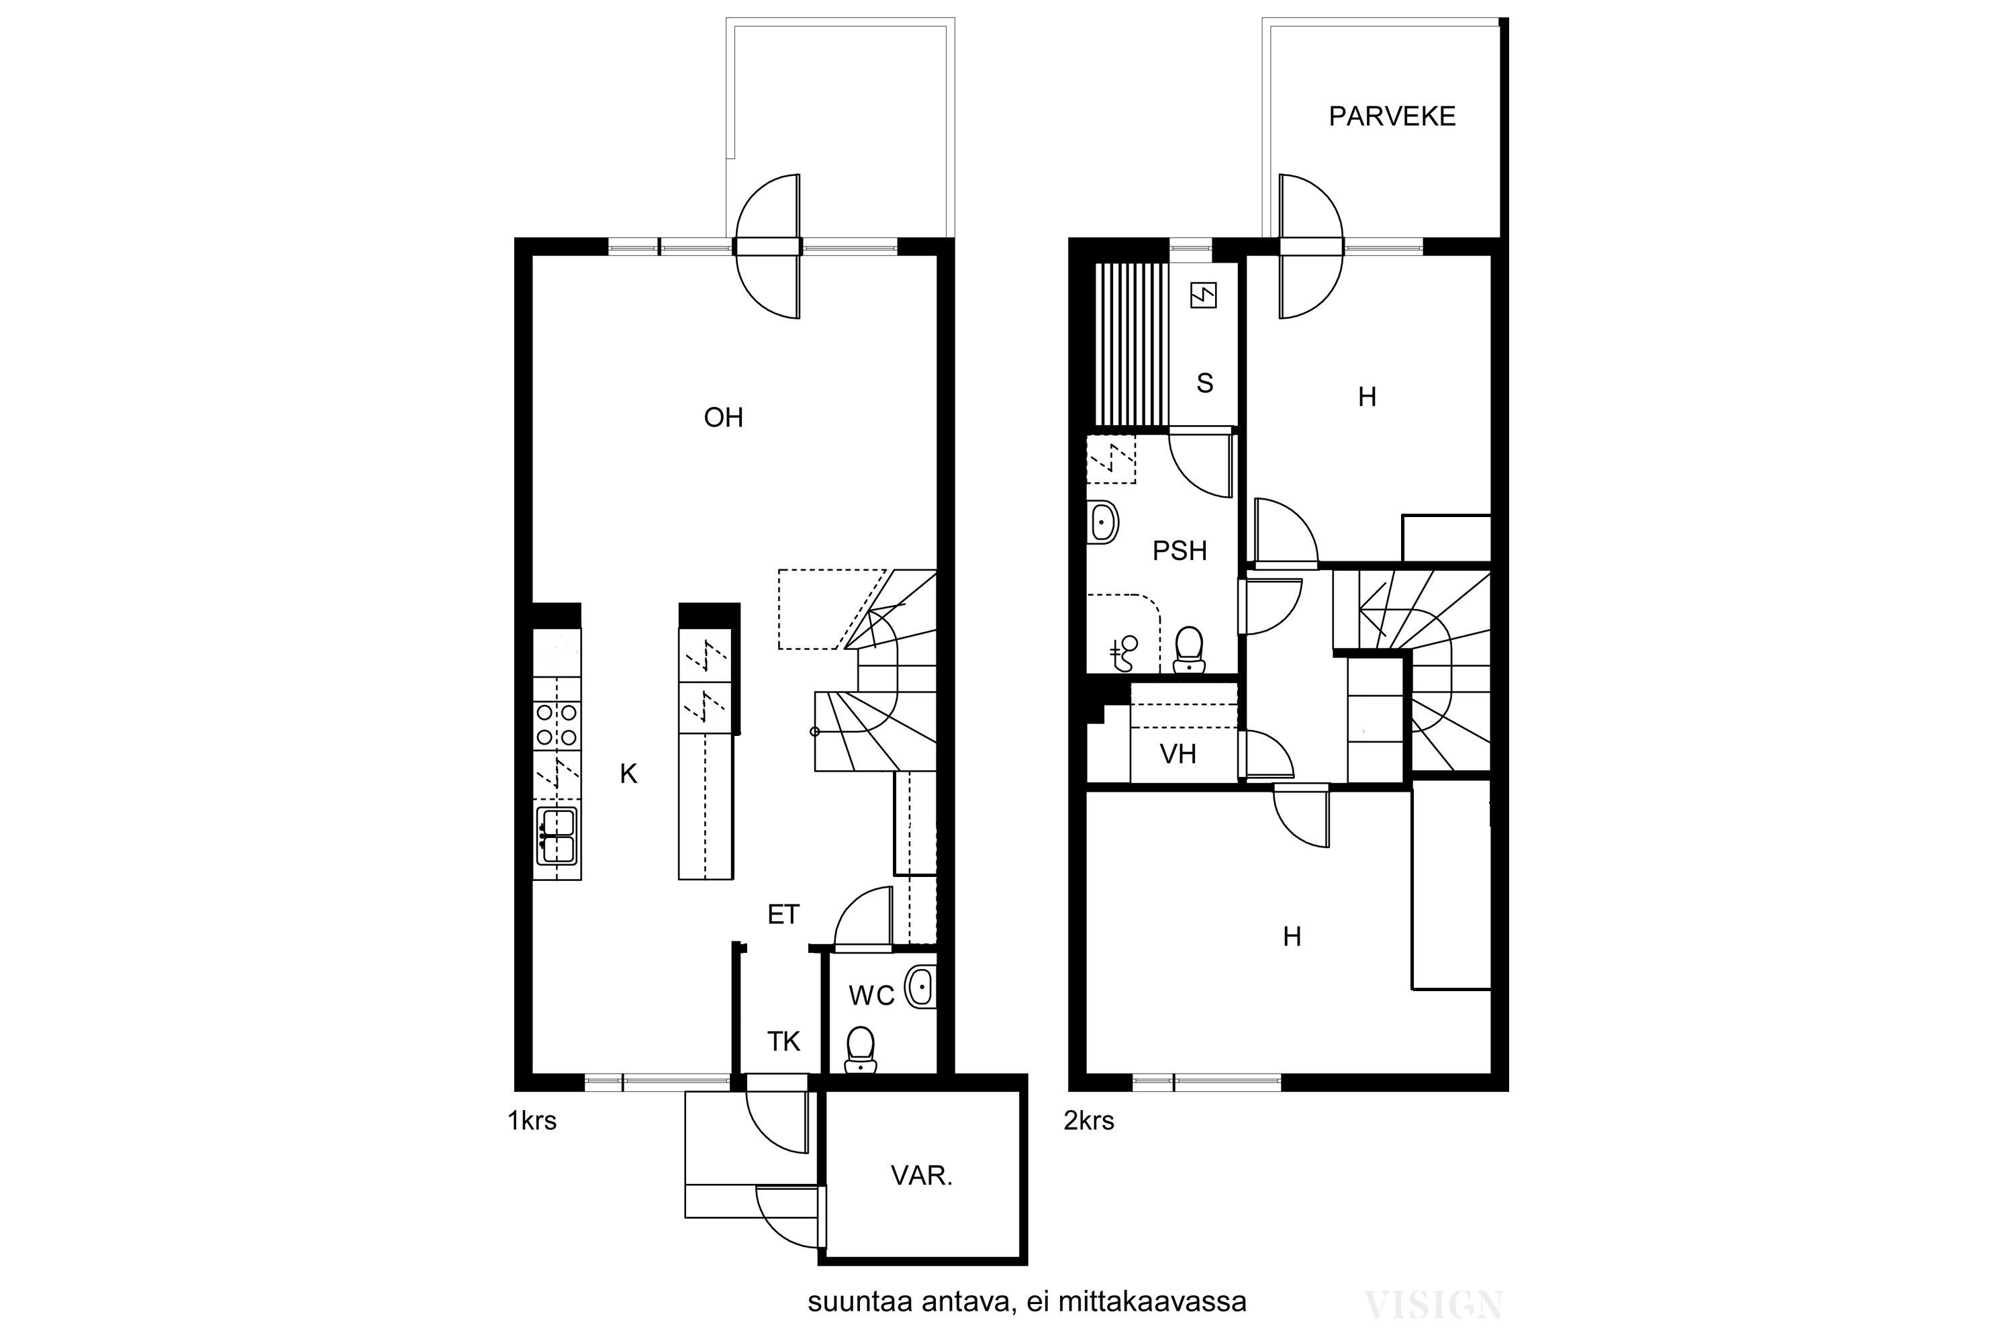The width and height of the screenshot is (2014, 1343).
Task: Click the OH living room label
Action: pos(723,418)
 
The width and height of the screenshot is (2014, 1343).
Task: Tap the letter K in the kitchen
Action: pos(628,774)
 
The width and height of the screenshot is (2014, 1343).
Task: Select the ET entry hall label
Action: pos(783,915)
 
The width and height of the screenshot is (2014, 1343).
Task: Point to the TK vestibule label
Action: pos(783,1041)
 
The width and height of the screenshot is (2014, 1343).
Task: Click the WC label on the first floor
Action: pos(871,995)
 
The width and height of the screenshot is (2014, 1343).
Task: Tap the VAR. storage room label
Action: pos(922,1176)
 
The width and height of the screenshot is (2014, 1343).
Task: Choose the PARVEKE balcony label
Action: pos(1392,116)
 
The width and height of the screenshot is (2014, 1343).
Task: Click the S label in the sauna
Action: pos(1205,383)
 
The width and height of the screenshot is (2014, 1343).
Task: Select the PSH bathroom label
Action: pos(1180,551)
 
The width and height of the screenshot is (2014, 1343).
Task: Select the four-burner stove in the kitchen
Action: pos(557,724)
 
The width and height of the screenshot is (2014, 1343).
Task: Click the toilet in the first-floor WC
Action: pos(860,1050)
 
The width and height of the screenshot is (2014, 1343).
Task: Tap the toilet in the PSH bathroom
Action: pos(1190,650)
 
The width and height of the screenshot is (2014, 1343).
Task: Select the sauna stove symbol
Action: pos(1203,295)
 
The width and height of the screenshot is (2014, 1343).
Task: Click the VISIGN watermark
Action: pos(1433,1305)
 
